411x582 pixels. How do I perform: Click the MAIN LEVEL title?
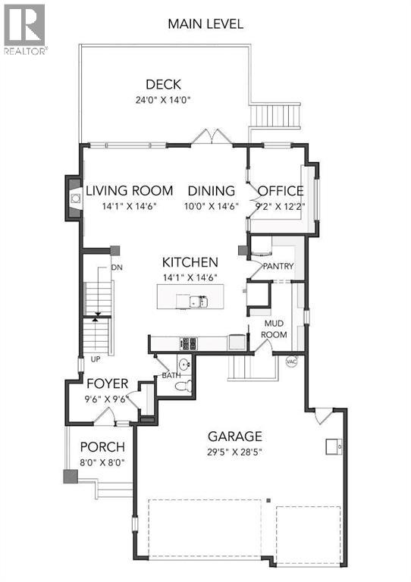[x=206, y=23]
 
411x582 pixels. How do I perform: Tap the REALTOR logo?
[x=25, y=29]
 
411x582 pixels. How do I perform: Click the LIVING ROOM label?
[x=129, y=191]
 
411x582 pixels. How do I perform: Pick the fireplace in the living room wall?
[x=74, y=199]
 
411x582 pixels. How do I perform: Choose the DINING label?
[x=212, y=191]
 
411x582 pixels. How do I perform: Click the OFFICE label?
[x=281, y=191]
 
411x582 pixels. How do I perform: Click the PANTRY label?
[x=278, y=267]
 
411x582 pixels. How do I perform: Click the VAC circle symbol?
[x=290, y=361]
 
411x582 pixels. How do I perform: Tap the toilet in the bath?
[x=180, y=386]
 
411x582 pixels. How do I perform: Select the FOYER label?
[x=106, y=383]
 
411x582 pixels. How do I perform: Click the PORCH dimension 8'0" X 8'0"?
[x=102, y=462]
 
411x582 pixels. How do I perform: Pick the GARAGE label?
[x=236, y=436]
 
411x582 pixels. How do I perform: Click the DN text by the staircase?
[x=117, y=268]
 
